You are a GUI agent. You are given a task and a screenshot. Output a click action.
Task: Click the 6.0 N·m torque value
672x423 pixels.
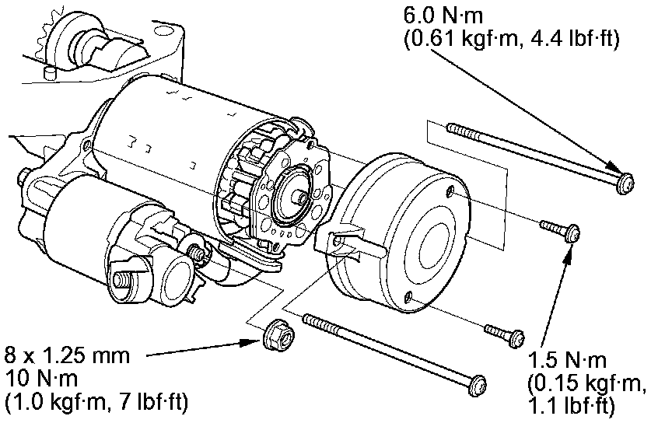pyautogui.click(x=440, y=15)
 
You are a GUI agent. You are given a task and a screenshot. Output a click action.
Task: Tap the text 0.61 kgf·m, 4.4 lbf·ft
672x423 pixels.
pyautogui.click(x=512, y=39)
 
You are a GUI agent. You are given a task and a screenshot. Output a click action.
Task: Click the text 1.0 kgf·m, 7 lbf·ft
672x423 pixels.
pyautogui.click(x=96, y=403)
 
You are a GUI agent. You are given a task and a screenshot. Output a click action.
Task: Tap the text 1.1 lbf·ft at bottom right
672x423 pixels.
pyautogui.click(x=571, y=405)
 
